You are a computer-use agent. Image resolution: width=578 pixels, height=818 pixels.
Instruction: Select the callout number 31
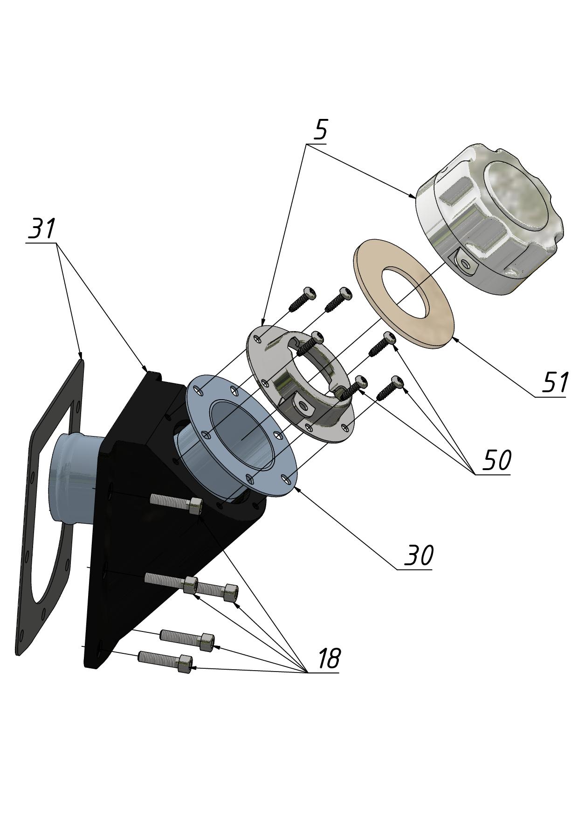click(x=42, y=228)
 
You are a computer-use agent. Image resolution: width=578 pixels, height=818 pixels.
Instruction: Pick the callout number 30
click(x=419, y=555)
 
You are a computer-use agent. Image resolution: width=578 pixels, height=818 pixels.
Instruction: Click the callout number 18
click(x=329, y=659)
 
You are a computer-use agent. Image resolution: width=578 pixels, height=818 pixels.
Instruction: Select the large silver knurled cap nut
click(x=489, y=219)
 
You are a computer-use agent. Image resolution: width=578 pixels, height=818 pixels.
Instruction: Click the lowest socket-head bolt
click(x=165, y=661)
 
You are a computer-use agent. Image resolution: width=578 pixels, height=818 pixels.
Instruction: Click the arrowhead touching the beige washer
click(x=455, y=339)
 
